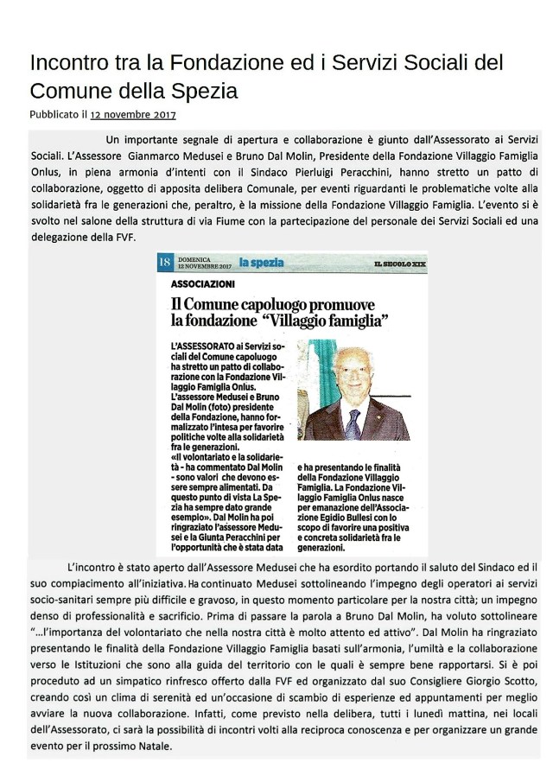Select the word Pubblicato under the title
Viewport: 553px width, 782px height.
pos(54,113)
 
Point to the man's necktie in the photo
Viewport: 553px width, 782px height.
pos(353,423)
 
